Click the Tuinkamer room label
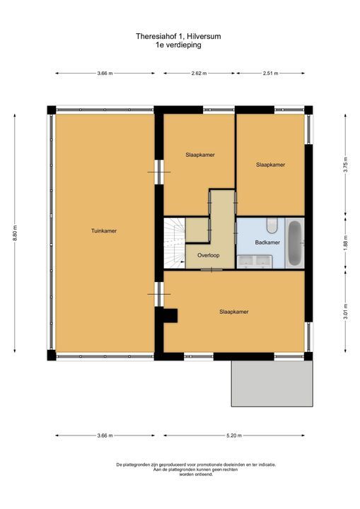coord(104,230)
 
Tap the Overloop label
coord(208,255)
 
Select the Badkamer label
coord(267,242)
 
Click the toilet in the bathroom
coord(272,226)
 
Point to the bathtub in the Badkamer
coord(295,243)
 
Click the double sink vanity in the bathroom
coord(255,262)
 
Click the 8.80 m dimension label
coord(15,233)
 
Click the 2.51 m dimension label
coord(270,73)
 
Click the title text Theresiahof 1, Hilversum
coord(179,35)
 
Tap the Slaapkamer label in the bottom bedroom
coord(233,311)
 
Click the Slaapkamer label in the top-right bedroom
coord(270,165)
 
